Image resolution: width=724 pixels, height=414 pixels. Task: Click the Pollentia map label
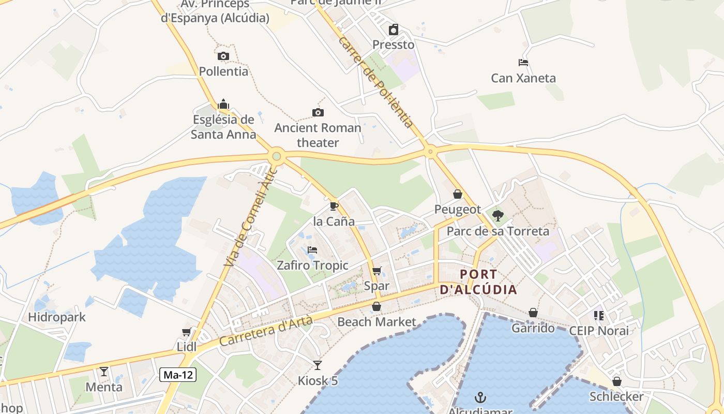223,71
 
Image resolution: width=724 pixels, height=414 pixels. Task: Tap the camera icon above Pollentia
223,56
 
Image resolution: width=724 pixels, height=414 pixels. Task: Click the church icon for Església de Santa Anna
223,104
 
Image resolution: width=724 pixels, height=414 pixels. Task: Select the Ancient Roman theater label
318,135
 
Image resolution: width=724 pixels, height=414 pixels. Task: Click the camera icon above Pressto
394,29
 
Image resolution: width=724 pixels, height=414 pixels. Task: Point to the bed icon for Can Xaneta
523,63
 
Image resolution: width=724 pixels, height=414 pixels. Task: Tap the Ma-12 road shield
177,375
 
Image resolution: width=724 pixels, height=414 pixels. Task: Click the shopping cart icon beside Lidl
186,332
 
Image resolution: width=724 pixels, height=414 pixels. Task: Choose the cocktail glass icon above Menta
104,371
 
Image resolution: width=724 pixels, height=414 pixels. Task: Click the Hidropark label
57,317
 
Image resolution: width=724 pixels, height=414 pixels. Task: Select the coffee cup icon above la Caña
334,206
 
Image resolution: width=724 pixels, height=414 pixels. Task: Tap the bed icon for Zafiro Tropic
312,250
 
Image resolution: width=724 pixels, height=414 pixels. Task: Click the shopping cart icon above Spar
376,271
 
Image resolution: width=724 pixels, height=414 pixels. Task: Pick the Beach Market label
376,322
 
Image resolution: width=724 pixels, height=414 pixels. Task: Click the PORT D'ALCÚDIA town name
478,282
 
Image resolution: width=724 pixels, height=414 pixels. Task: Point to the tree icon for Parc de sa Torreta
497,215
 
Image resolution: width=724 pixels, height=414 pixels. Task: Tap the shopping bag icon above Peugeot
458,194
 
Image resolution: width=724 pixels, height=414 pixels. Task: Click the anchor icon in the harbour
481,397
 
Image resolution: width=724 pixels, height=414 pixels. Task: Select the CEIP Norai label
599,331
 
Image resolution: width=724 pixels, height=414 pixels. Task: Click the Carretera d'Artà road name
266,331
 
